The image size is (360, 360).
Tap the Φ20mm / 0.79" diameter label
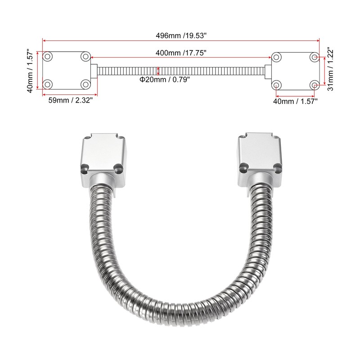[164, 79]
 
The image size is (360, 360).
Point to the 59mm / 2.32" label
[70, 101]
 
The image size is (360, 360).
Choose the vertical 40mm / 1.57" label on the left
[29, 71]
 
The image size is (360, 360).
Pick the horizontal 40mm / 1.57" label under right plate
[296, 101]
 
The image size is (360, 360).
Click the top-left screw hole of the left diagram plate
[48, 57]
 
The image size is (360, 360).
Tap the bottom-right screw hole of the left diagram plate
[85, 84]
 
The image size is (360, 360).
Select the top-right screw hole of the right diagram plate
[315, 57]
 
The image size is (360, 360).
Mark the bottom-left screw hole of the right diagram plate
[277, 85]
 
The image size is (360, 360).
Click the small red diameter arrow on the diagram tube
[158, 71]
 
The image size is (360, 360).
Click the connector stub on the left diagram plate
[94, 71]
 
